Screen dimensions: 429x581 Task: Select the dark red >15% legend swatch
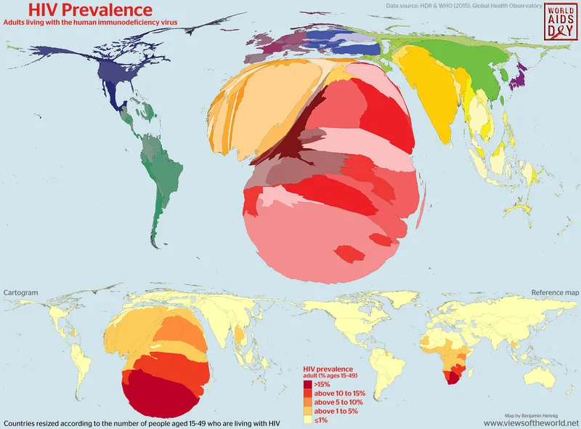tap(308, 384)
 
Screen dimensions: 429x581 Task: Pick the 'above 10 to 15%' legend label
tap(340, 393)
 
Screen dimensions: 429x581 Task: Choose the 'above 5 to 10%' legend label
tap(338, 402)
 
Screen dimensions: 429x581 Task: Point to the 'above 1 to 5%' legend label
tap(337, 412)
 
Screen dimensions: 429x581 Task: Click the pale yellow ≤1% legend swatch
tap(308, 420)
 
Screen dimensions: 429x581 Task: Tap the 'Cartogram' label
tap(20, 292)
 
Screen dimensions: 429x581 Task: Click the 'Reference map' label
tap(555, 292)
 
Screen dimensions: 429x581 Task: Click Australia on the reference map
tap(541, 376)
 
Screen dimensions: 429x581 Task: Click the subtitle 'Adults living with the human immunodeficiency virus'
tap(90, 23)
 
